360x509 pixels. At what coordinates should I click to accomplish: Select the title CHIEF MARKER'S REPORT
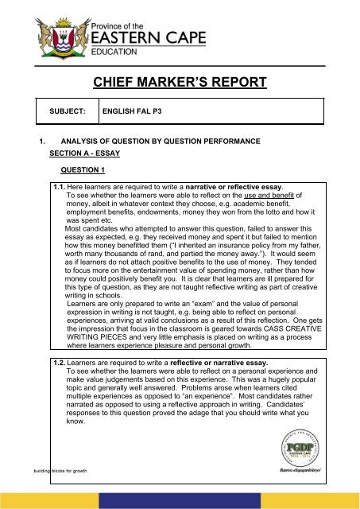pyautogui.click(x=179, y=80)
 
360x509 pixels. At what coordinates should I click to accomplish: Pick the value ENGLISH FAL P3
pyautogui.click(x=136, y=113)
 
